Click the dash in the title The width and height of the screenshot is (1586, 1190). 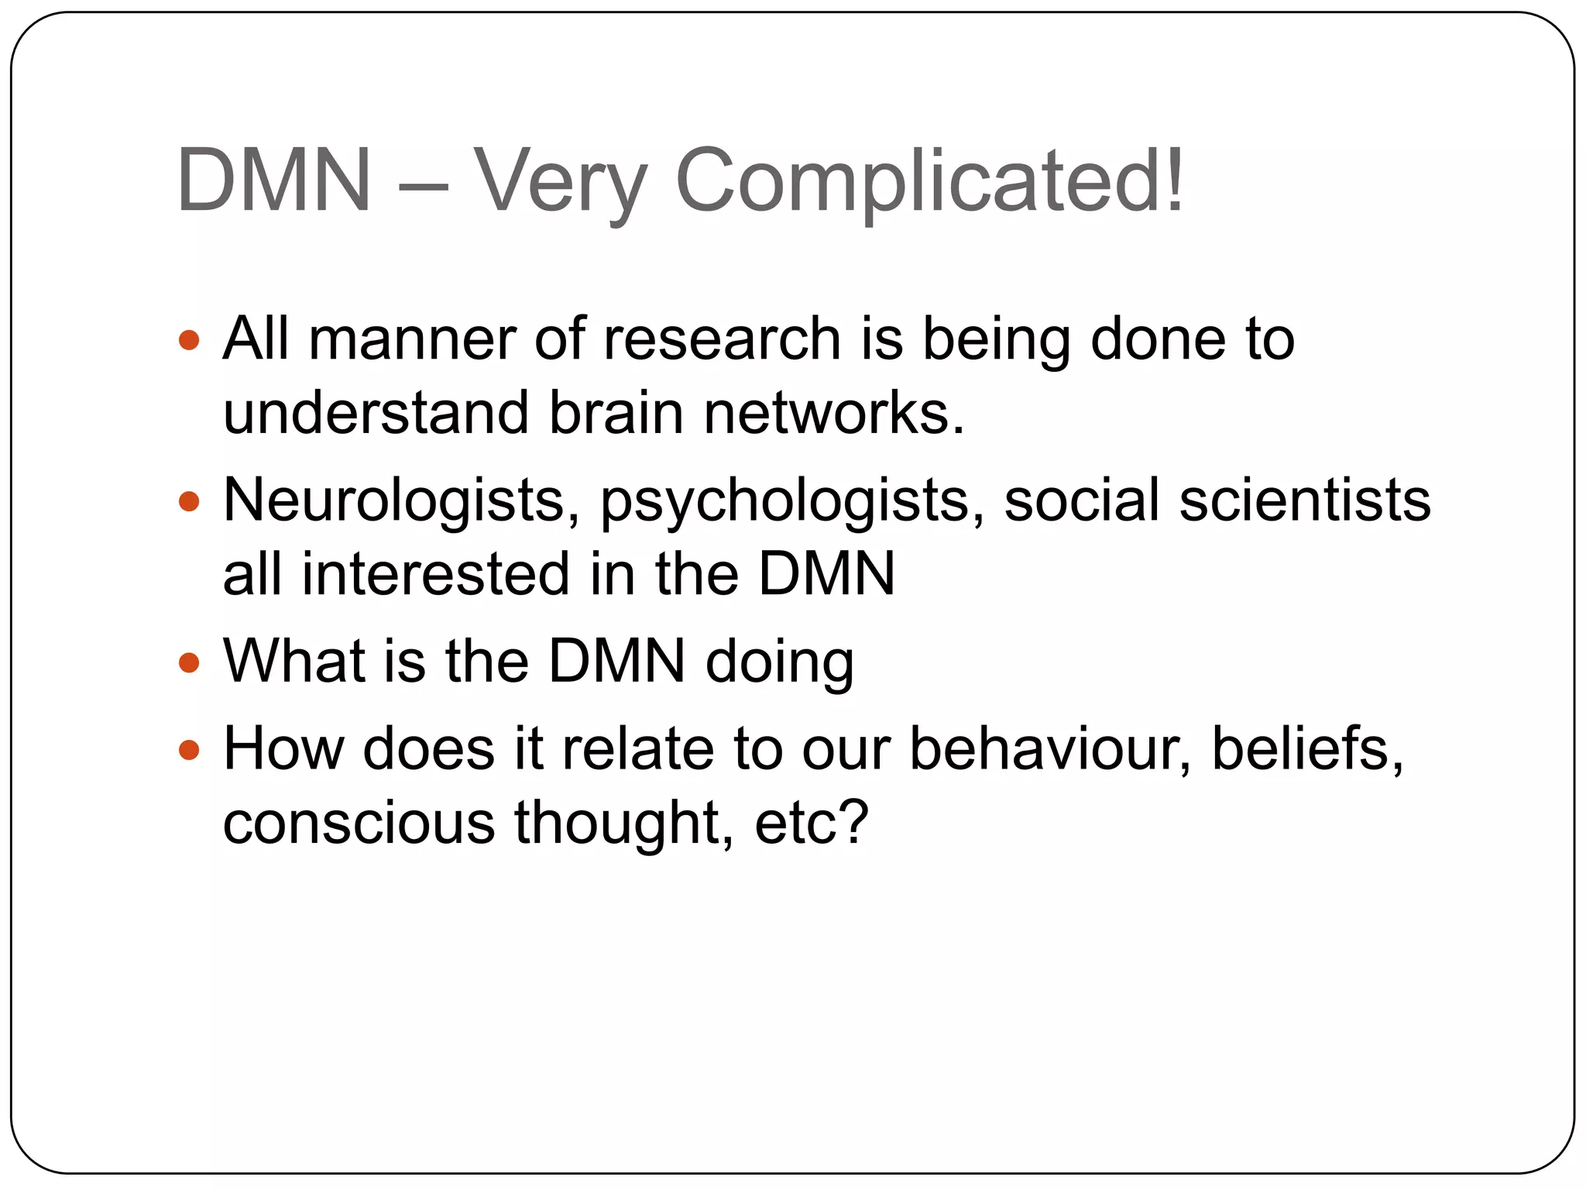423,186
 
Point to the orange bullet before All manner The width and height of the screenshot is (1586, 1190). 189,340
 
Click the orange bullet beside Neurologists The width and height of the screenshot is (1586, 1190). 189,501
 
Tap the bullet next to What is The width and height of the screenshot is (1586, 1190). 189,662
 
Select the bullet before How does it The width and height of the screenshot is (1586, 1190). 189,750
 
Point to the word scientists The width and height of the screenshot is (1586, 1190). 1305,500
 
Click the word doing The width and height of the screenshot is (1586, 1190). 779,663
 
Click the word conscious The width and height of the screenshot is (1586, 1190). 359,822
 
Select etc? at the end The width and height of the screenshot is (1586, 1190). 812,822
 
